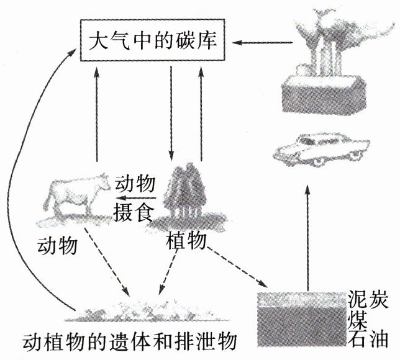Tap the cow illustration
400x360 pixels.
tap(74, 196)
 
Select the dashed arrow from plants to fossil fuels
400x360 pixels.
tap(239, 267)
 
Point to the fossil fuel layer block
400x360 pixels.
tap(301, 317)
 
